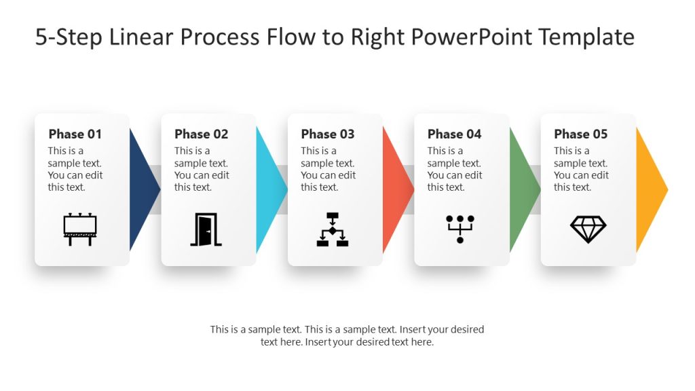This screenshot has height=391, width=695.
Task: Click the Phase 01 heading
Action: [75, 134]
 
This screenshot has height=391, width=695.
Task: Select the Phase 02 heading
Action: [201, 134]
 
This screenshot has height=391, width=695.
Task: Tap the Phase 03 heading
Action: [328, 134]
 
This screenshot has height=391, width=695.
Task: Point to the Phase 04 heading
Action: [454, 134]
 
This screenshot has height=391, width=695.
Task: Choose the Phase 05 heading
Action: [580, 134]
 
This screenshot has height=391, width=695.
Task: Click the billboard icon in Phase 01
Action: [80, 229]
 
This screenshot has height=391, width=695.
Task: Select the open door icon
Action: [206, 229]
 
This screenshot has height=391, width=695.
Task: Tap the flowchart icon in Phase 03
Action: [333, 229]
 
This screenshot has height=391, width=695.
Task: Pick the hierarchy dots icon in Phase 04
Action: [459, 229]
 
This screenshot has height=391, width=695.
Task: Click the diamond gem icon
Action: [588, 229]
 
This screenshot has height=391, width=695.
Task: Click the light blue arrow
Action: [268, 189]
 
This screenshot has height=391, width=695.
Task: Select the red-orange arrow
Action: [395, 189]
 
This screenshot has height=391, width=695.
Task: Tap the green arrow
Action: [521, 189]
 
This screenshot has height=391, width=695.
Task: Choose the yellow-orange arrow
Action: [649, 189]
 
